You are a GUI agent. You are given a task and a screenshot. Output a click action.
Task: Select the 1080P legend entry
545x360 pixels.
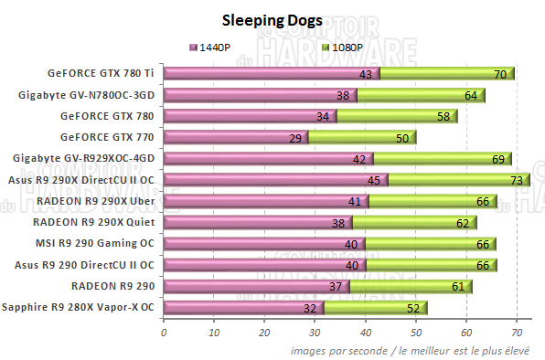pos(299,47)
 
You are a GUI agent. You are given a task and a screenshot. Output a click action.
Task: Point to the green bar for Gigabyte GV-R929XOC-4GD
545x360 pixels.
pos(443,159)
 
